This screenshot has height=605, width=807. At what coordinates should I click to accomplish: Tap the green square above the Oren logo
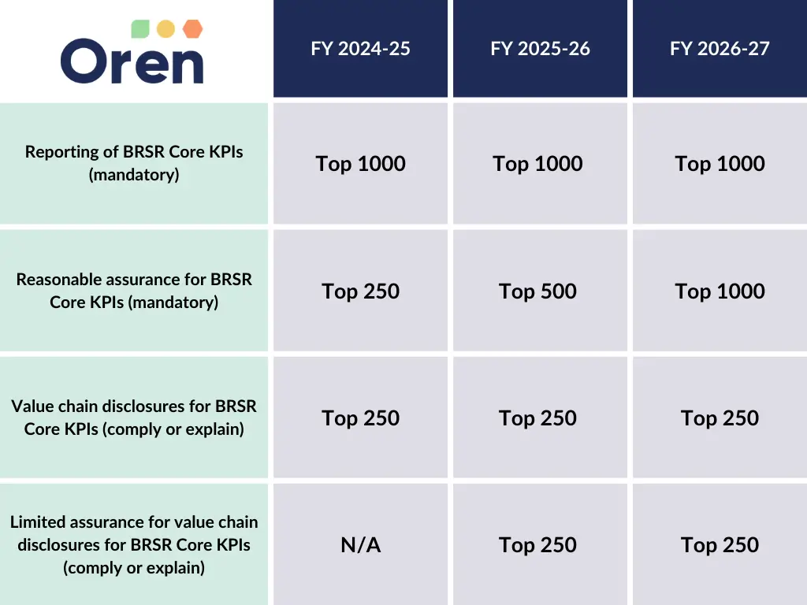[x=139, y=29]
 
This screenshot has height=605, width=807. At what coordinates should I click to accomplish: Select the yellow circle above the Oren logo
[x=165, y=29]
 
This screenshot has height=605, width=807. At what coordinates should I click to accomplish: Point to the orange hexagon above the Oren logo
[x=192, y=29]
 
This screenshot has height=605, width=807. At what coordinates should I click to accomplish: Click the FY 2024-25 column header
[x=360, y=49]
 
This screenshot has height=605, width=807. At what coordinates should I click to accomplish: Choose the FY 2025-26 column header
[x=540, y=49]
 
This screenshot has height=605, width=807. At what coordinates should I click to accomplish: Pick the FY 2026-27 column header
[x=720, y=49]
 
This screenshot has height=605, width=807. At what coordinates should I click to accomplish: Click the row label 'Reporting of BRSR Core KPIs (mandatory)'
[x=134, y=163]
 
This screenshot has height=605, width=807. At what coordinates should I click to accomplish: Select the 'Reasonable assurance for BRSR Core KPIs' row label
[x=134, y=291]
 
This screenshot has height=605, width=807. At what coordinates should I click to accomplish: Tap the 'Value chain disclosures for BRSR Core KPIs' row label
[x=134, y=418]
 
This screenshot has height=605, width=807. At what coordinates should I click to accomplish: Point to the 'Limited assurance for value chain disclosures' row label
[x=134, y=544]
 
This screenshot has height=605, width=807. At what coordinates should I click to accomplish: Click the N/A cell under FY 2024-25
[x=360, y=544]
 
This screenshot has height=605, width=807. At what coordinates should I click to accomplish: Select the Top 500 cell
[x=537, y=291]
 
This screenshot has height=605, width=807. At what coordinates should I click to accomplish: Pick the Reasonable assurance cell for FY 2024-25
[x=360, y=291]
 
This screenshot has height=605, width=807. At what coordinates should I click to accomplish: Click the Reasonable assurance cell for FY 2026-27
[x=720, y=291]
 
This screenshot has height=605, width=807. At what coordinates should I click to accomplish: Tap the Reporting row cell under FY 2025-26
[x=537, y=164]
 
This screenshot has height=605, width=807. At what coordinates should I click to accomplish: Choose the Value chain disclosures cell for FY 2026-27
[x=720, y=418]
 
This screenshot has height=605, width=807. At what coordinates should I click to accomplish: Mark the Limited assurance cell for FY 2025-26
[x=537, y=544]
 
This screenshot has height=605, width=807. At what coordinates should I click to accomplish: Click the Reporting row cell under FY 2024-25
[x=360, y=164]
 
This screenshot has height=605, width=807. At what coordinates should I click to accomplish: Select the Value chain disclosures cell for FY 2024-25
[x=360, y=418]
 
